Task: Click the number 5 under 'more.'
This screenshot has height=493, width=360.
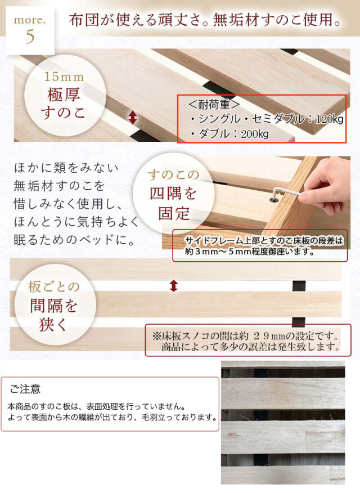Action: (30, 37)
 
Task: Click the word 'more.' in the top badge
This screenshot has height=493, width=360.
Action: (30, 20)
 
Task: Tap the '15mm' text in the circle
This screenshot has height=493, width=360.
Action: (64, 77)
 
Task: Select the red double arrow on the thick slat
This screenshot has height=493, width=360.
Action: (133, 118)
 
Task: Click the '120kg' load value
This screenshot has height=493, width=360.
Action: (330, 119)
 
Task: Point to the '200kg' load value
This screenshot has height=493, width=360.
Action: (255, 135)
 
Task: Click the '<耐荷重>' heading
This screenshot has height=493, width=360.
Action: (214, 104)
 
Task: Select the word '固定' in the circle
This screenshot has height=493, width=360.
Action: (174, 214)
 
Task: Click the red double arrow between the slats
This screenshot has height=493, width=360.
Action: (173, 286)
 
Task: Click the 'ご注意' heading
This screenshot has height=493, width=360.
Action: (25, 389)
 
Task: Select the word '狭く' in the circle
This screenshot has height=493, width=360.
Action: (53, 325)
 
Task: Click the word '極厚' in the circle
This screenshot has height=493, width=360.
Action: (64, 95)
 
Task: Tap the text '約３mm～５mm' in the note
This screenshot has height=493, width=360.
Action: (218, 252)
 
